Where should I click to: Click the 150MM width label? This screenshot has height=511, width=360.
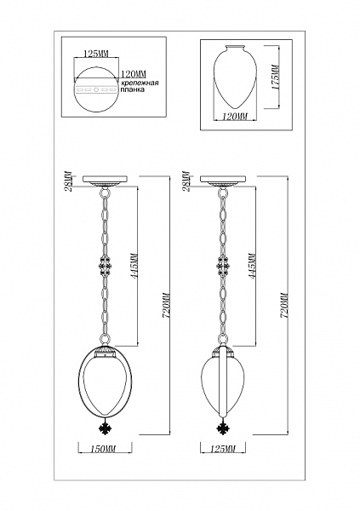click(105, 449)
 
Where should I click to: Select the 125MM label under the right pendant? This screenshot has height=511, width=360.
click(222, 449)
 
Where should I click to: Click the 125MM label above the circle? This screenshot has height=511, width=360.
click(95, 54)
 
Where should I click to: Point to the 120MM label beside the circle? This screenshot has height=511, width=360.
click(134, 74)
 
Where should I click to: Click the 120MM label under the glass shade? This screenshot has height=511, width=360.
click(235, 116)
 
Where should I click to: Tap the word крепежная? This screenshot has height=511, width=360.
click(140, 83)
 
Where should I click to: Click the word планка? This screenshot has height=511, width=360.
click(133, 89)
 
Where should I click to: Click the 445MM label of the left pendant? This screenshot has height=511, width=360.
click(134, 264)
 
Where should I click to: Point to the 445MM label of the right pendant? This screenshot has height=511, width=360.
click(252, 264)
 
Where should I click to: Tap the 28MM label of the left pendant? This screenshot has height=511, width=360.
click(69, 181)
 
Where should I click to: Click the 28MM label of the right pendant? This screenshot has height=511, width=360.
click(186, 181)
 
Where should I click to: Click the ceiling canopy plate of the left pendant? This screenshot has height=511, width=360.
click(105, 179)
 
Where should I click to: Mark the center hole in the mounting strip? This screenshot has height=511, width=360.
click(96, 89)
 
